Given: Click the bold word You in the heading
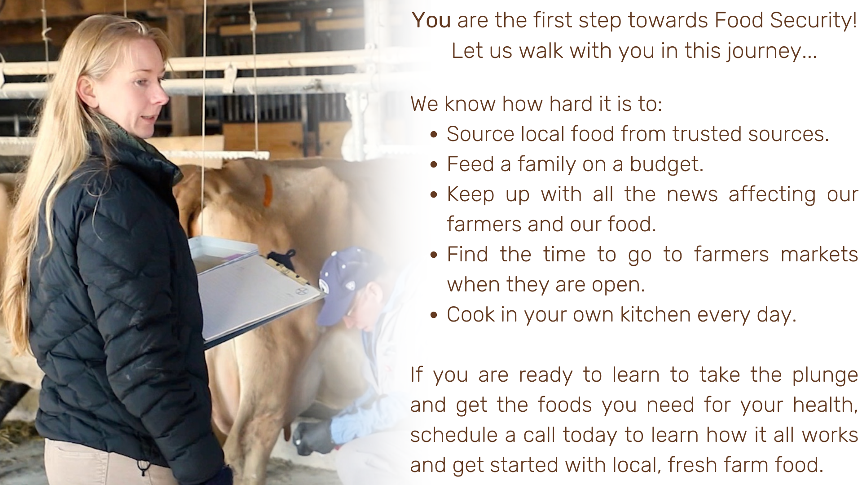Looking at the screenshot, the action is point(431,20).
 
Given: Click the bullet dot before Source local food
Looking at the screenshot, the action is point(433,135).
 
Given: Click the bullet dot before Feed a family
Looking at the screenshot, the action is point(433,165).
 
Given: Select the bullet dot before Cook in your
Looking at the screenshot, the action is point(433,315).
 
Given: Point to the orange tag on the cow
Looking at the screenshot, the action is point(267,190).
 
